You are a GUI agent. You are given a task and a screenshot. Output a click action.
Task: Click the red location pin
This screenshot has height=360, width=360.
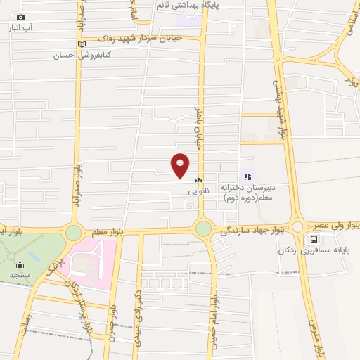point(181,165)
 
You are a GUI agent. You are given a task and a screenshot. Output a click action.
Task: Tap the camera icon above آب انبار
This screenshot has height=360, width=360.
point(20,17)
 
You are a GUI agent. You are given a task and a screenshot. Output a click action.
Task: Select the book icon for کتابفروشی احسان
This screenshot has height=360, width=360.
point(82,44)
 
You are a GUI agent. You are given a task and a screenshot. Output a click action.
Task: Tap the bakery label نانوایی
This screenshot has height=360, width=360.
point(198,191)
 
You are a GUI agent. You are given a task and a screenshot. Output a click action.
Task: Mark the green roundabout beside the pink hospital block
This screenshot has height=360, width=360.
point(73,233)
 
